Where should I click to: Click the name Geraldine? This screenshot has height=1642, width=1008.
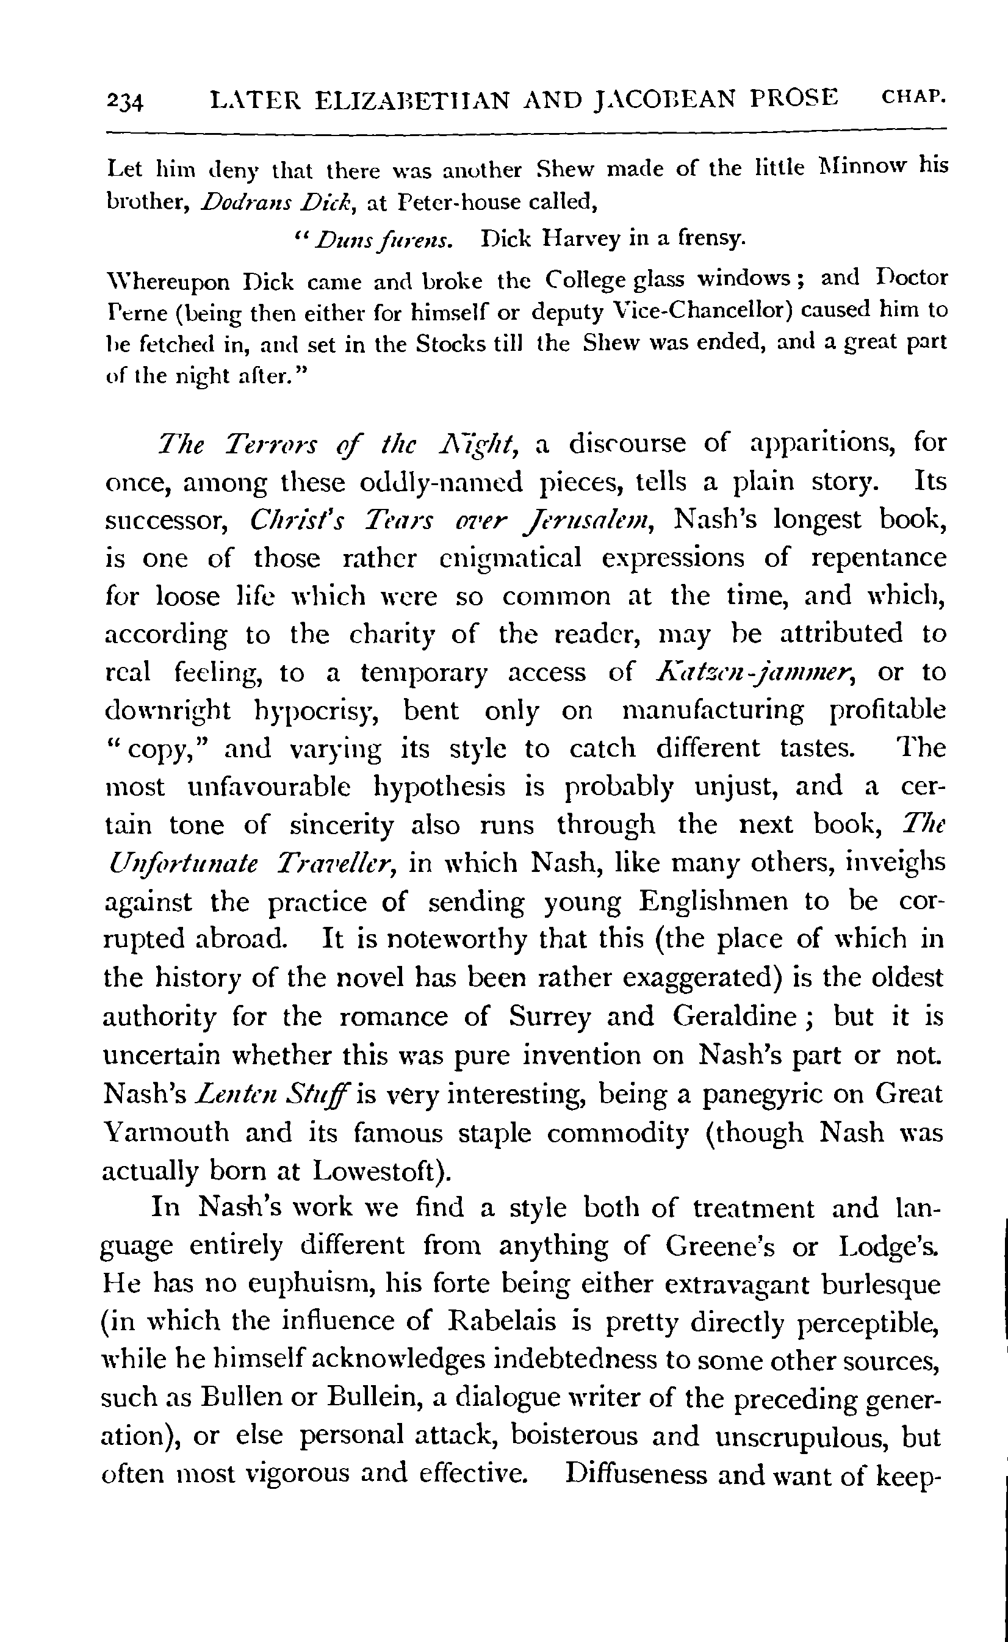[x=734, y=1016]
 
